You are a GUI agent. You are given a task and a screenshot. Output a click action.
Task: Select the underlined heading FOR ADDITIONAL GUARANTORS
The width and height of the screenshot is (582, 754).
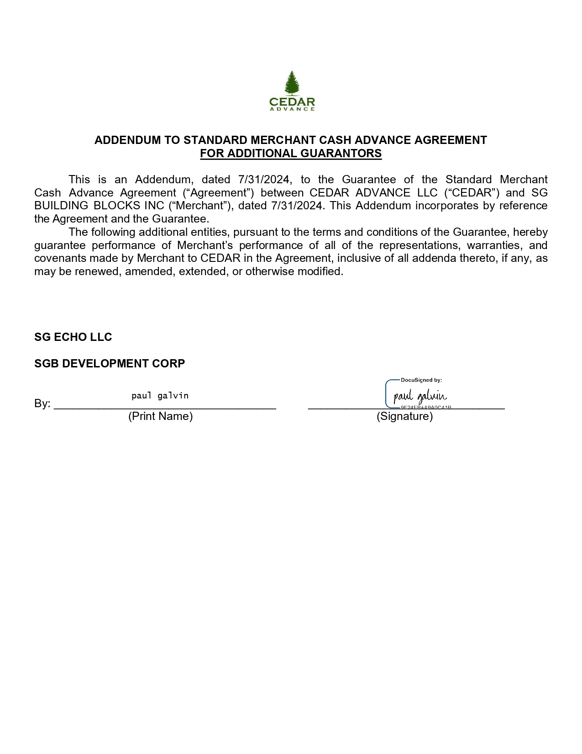point(291,154)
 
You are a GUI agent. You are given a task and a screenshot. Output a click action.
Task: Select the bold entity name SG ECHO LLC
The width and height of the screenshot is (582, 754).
point(73,337)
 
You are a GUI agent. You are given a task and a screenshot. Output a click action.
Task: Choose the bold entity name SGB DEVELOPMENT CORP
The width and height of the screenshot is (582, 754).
point(110,364)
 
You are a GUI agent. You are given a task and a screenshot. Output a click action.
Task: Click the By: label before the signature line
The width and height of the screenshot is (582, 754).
point(42,404)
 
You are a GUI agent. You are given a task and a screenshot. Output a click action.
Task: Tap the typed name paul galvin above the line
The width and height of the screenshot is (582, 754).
point(160,396)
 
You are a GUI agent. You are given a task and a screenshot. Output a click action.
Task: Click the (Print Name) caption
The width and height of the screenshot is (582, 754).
point(160,416)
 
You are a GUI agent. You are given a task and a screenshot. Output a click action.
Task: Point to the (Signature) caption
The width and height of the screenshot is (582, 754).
point(404,416)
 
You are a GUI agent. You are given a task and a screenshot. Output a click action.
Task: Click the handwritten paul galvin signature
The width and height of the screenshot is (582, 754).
point(420,396)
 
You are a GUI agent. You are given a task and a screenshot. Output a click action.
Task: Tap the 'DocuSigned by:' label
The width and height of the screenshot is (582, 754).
point(421,380)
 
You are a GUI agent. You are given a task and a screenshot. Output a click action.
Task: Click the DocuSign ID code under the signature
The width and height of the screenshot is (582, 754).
point(425,407)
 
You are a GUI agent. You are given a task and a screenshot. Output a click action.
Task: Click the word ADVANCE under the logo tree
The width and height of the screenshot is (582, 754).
point(292,109)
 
